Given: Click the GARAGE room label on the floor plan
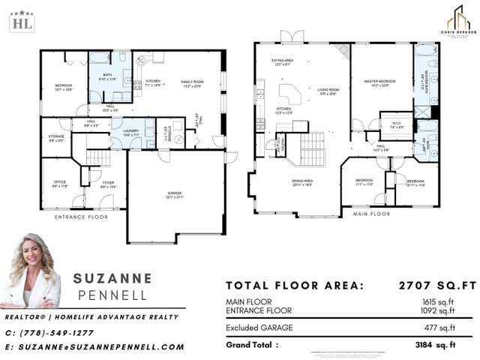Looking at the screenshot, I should [x=174, y=194].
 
